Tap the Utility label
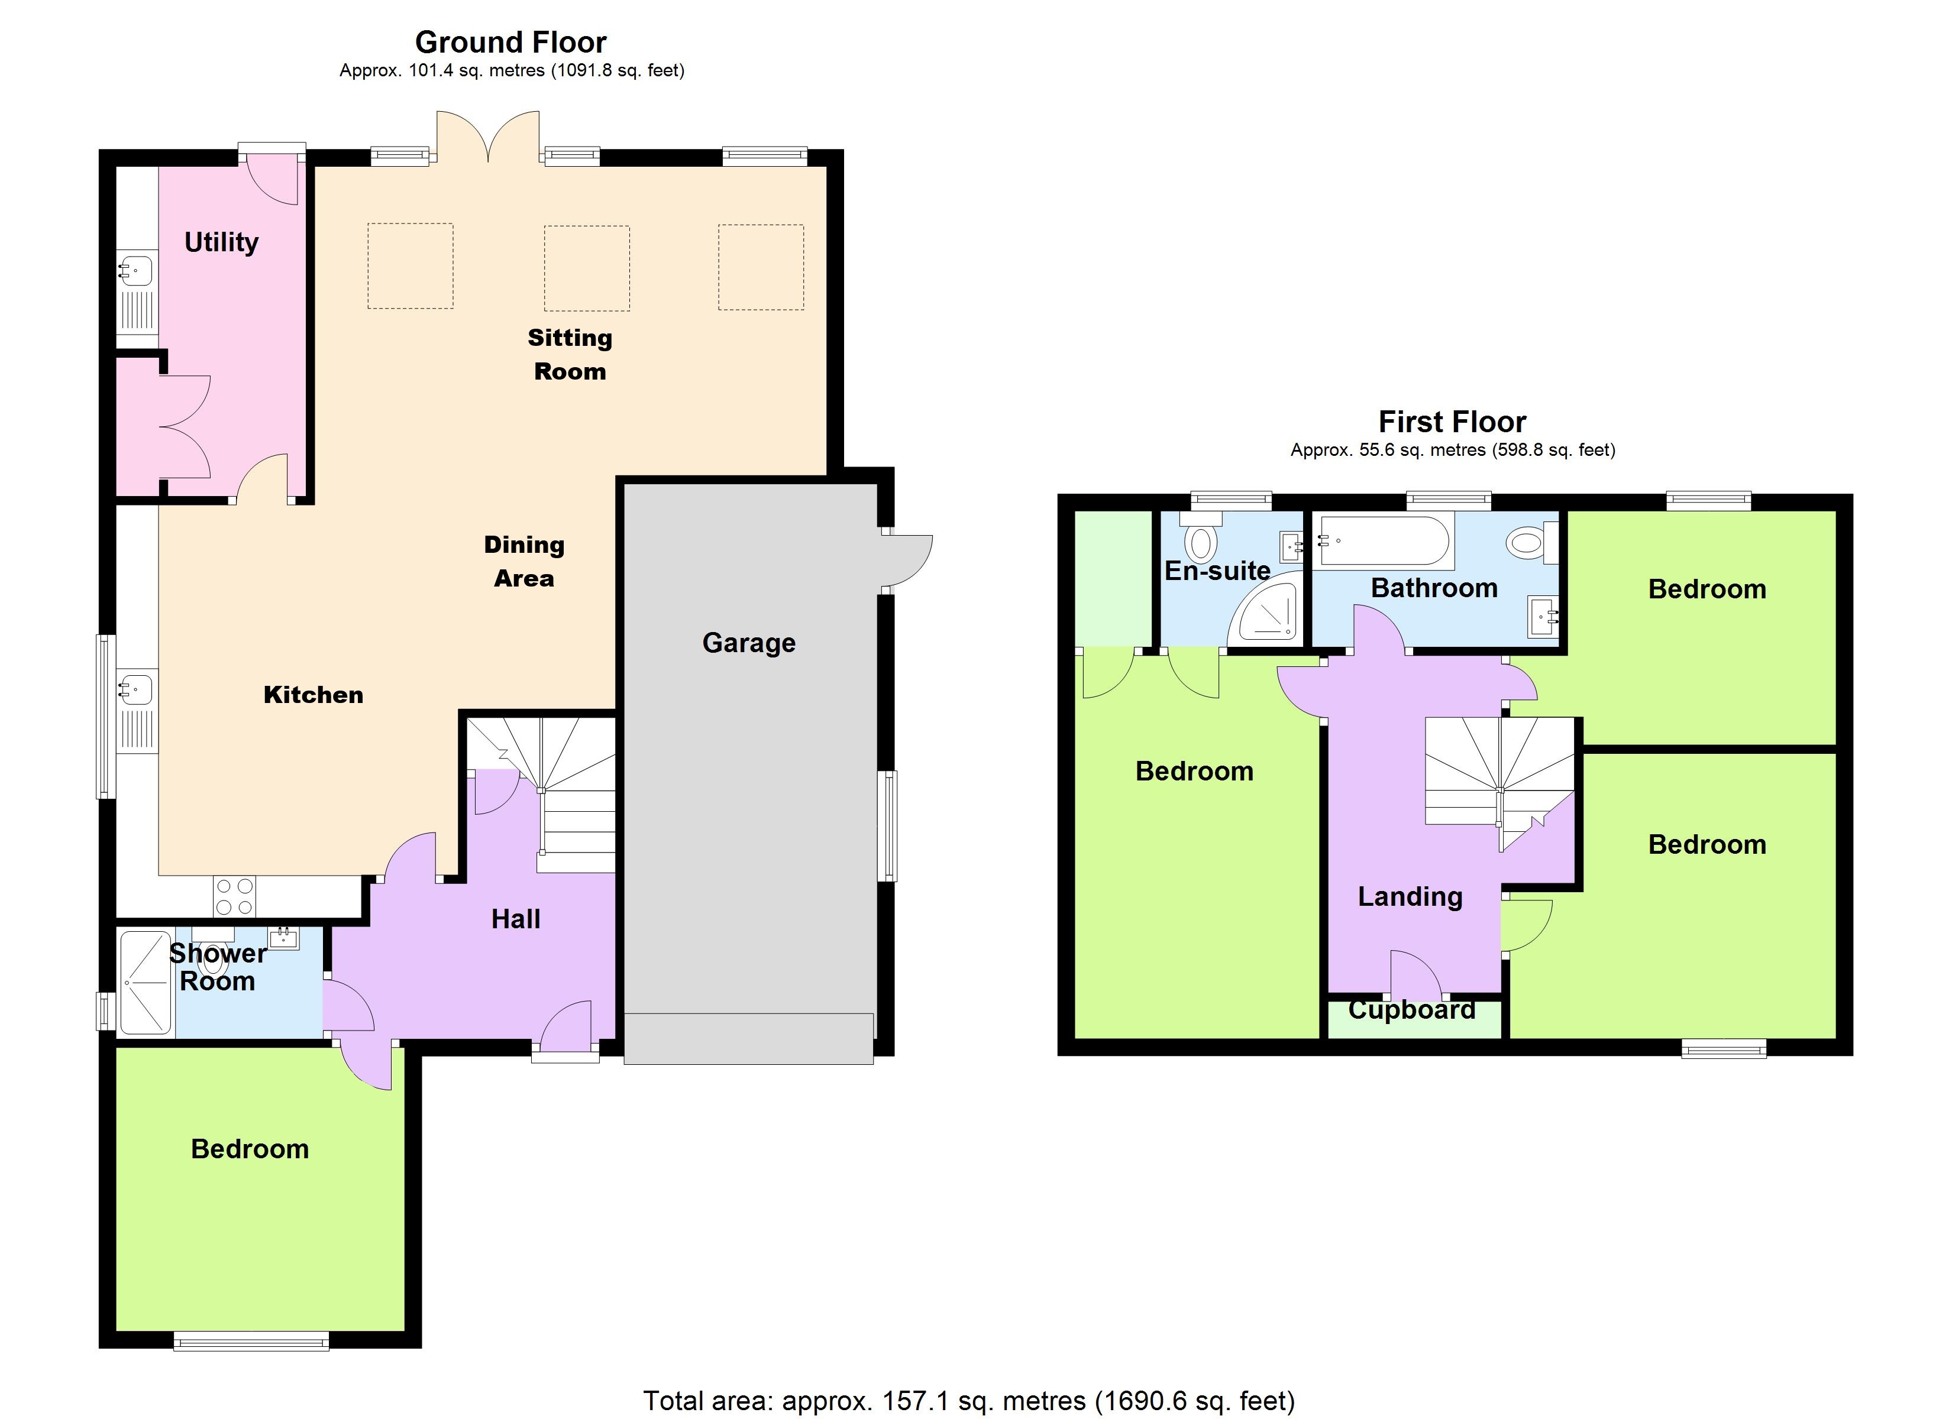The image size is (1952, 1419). [x=221, y=242]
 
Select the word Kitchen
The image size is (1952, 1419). [x=314, y=695]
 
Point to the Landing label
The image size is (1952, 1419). [x=1410, y=898]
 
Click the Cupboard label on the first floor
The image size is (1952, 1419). [x=1411, y=1009]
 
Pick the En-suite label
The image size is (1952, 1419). [x=1217, y=571]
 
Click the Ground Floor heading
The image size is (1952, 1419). [x=510, y=41]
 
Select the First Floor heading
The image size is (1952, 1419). [x=1452, y=422]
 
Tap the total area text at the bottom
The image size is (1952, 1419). [x=969, y=1401]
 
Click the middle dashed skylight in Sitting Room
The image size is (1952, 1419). [x=587, y=268]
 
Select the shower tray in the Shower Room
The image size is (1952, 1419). [x=146, y=982]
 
